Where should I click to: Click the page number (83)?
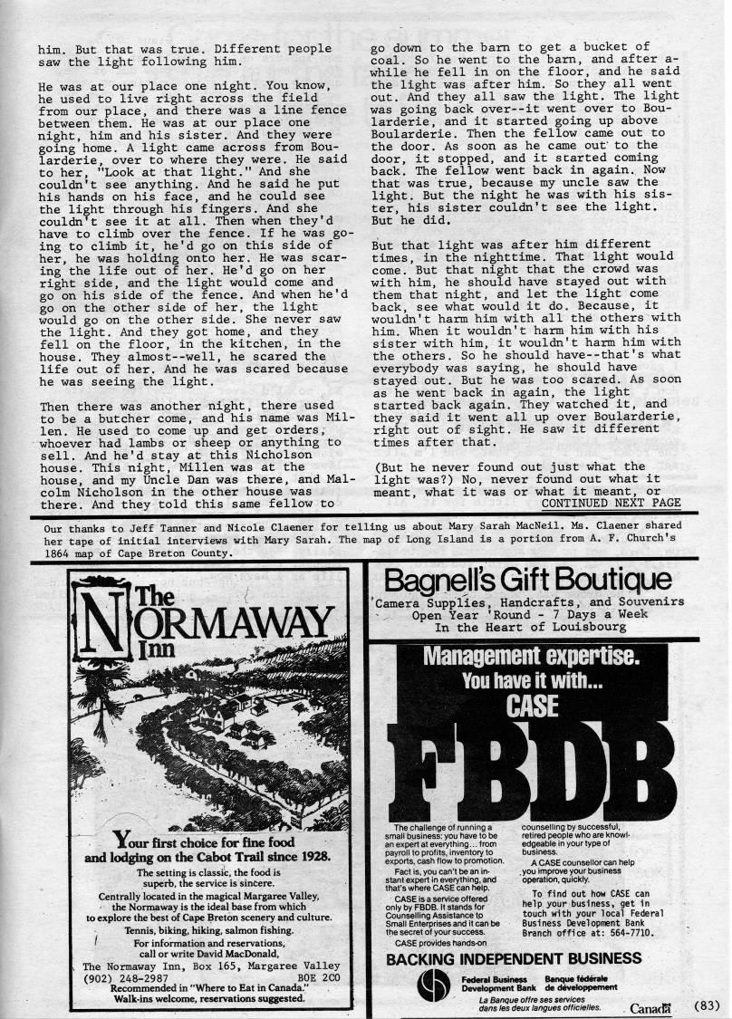coord(712,1004)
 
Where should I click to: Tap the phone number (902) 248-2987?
coord(126,979)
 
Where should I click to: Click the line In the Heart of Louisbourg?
coord(530,627)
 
